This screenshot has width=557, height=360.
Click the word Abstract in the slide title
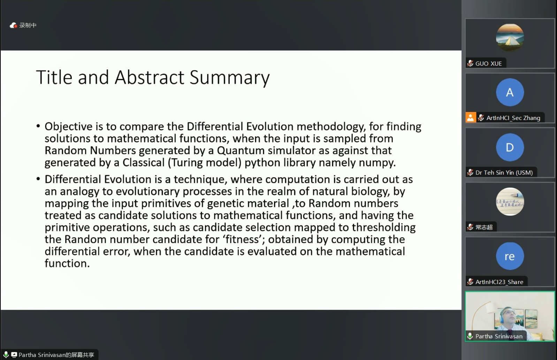click(x=150, y=77)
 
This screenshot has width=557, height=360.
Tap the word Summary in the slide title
click(x=230, y=78)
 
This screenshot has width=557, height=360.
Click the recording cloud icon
click(x=13, y=25)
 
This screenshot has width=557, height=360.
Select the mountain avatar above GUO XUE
click(x=510, y=38)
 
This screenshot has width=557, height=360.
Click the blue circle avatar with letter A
click(x=510, y=92)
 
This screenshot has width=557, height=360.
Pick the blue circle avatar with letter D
click(x=510, y=147)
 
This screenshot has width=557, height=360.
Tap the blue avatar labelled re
click(x=510, y=256)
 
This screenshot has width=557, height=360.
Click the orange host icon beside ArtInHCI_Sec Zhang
click(x=471, y=118)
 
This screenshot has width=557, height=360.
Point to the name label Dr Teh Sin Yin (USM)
click(x=504, y=173)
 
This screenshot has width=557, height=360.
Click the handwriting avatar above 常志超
click(x=510, y=202)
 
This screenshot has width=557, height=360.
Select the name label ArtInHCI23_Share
click(x=499, y=282)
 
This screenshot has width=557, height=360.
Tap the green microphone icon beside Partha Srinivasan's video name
click(x=470, y=336)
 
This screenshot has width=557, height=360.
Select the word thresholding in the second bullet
click(x=384, y=228)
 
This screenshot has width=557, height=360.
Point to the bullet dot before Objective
click(x=38, y=126)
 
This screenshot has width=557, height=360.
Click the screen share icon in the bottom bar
click(x=14, y=355)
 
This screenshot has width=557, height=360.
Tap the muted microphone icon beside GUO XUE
click(x=470, y=63)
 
